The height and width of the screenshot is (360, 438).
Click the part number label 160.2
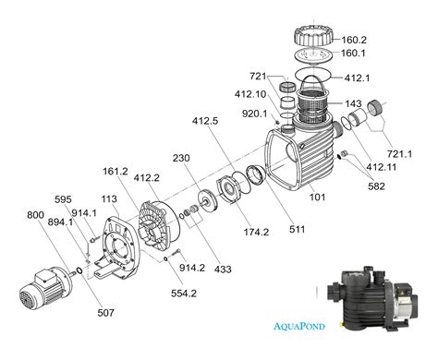click(354, 40)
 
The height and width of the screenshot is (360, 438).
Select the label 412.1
click(357, 78)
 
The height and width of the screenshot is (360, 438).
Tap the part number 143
click(353, 103)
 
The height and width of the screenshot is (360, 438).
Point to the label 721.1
click(399, 153)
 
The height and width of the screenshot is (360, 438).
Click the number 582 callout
click(377, 186)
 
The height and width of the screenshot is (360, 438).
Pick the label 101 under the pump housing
click(317, 197)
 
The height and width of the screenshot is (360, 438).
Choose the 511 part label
click(297, 229)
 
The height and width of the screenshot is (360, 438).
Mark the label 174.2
click(256, 232)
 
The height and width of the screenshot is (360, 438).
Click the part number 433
click(223, 270)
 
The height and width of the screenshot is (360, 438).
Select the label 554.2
click(184, 294)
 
